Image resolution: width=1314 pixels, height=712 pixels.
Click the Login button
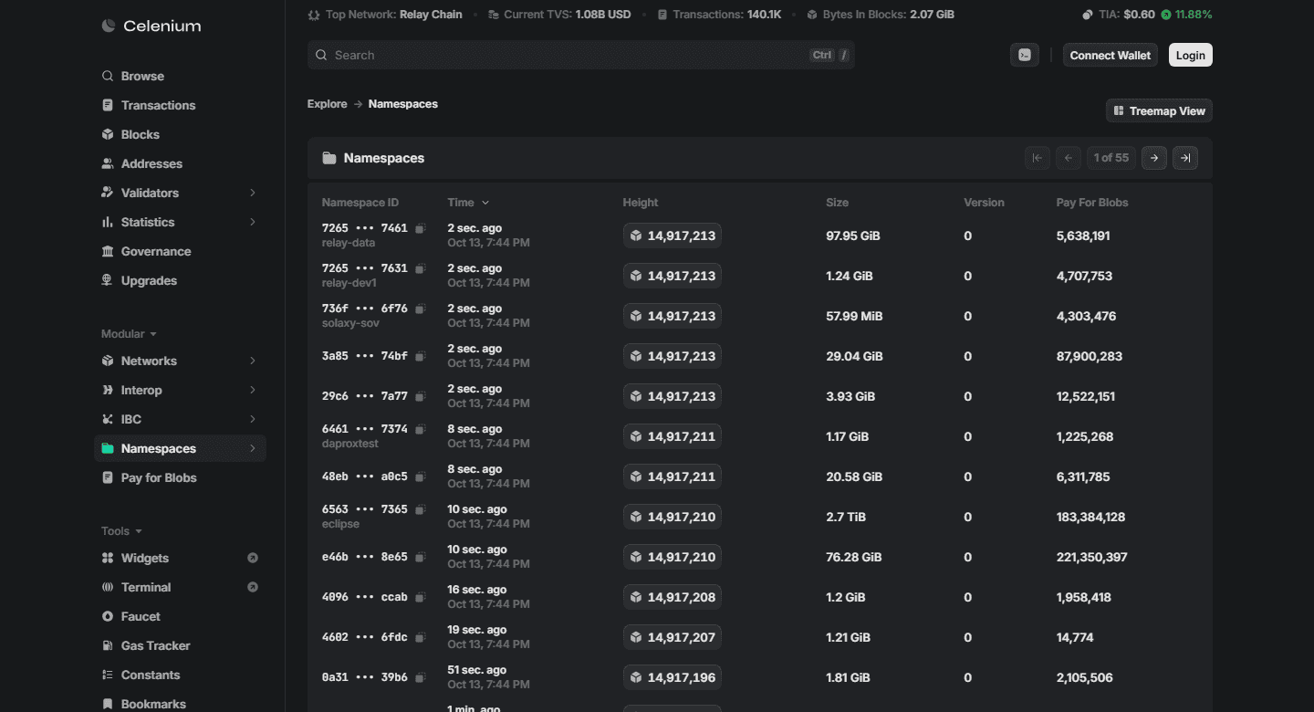(x=1190, y=55)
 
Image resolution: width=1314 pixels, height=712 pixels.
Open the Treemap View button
(x=1159, y=111)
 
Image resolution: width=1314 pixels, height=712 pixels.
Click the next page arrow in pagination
(x=1153, y=158)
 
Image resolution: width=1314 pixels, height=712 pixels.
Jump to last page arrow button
(x=1185, y=158)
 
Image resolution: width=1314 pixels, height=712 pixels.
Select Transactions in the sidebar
(x=158, y=105)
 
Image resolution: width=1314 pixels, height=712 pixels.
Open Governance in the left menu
(x=155, y=251)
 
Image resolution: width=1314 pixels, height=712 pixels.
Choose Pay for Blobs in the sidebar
(x=159, y=477)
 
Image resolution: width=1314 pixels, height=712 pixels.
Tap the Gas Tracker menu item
(x=155, y=645)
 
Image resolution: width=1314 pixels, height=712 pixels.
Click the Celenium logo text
(x=162, y=26)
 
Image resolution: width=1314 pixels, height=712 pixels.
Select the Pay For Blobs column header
(x=1091, y=203)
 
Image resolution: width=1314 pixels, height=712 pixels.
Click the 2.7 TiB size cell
(x=845, y=518)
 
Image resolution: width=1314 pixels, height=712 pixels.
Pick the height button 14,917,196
(x=673, y=677)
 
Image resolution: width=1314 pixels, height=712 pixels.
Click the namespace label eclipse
(x=340, y=524)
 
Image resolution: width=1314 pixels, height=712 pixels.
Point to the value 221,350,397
(x=1091, y=557)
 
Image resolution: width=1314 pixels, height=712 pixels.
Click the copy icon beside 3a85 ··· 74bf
(x=420, y=356)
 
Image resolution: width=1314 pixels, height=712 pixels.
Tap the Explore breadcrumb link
(x=327, y=104)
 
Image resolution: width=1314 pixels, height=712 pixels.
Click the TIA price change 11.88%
(x=1194, y=14)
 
